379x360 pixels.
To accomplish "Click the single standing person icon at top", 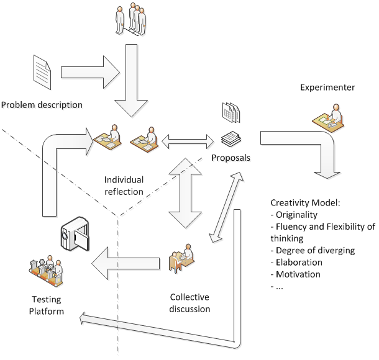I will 120,20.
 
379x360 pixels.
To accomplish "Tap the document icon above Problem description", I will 42,71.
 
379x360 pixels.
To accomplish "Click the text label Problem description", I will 42,106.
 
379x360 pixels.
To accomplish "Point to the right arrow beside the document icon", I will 91,71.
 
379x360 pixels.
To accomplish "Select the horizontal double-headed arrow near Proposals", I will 188,143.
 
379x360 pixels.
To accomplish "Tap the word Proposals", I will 232,159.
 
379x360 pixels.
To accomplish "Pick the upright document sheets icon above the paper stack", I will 232,113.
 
